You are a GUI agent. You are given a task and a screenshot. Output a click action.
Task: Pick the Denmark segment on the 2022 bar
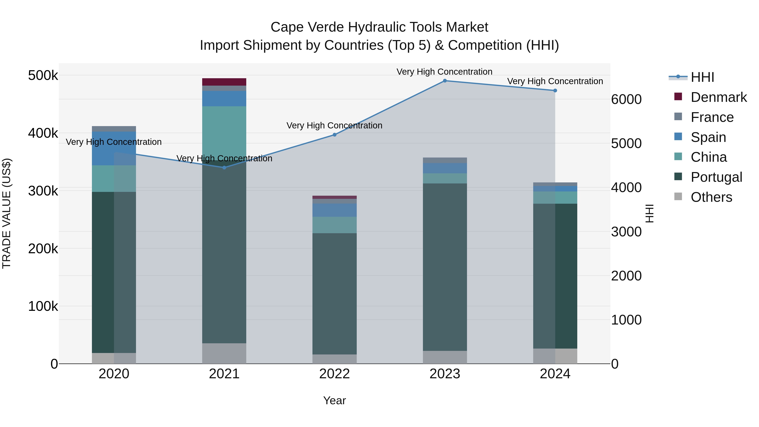(334, 197)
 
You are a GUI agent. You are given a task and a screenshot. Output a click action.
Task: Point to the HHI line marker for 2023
(445, 81)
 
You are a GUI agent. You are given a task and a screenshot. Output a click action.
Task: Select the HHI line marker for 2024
(555, 90)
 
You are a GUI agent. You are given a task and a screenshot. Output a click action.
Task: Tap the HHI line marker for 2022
(334, 135)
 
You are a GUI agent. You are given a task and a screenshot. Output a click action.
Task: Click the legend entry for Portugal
(716, 177)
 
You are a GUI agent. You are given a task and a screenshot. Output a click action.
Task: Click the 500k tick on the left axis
(43, 75)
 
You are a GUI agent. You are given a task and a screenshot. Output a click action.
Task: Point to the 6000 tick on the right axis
(626, 99)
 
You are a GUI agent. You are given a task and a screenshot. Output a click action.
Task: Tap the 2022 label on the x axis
(334, 374)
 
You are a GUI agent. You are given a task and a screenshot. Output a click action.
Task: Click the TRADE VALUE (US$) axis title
(7, 213)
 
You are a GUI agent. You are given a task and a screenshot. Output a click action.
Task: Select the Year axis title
(334, 400)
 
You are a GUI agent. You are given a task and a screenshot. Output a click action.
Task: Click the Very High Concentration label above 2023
(444, 72)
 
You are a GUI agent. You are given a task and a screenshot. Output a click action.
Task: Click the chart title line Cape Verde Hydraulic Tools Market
(379, 27)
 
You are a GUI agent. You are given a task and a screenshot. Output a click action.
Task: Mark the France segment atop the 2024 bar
(555, 184)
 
